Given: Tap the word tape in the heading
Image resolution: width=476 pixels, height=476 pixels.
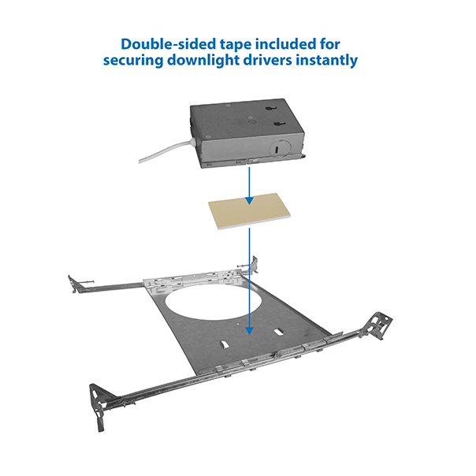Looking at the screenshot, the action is [x=236, y=45].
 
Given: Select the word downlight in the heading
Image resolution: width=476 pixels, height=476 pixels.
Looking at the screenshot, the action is [x=203, y=60].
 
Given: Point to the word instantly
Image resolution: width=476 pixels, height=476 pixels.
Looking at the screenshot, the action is [x=327, y=60].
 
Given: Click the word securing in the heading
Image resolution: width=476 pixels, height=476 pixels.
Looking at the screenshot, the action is [x=133, y=61].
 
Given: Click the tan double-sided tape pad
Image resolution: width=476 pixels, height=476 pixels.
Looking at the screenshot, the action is [x=249, y=211].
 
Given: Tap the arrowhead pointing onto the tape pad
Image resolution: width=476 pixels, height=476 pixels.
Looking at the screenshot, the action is [x=249, y=200].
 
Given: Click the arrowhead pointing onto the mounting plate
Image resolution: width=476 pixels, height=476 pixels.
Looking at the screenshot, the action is [x=249, y=330].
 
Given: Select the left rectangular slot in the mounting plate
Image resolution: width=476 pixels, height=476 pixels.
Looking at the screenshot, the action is [x=225, y=345].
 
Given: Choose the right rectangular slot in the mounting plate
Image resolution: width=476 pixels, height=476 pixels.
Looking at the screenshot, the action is [x=278, y=332].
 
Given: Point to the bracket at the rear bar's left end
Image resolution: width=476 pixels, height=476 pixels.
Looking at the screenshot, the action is [x=74, y=284].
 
